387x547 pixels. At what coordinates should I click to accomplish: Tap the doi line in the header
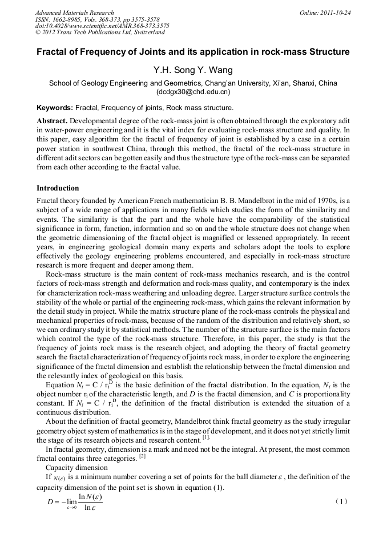point(102,26)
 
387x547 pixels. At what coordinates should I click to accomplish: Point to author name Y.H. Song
point(173,70)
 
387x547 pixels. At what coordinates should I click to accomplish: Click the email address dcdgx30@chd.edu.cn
point(193,92)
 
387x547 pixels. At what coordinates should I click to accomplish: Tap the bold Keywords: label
point(55,108)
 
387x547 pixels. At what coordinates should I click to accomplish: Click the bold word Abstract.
point(53,121)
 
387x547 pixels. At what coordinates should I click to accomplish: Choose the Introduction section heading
point(58,188)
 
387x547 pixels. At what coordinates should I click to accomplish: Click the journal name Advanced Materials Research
point(75,13)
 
